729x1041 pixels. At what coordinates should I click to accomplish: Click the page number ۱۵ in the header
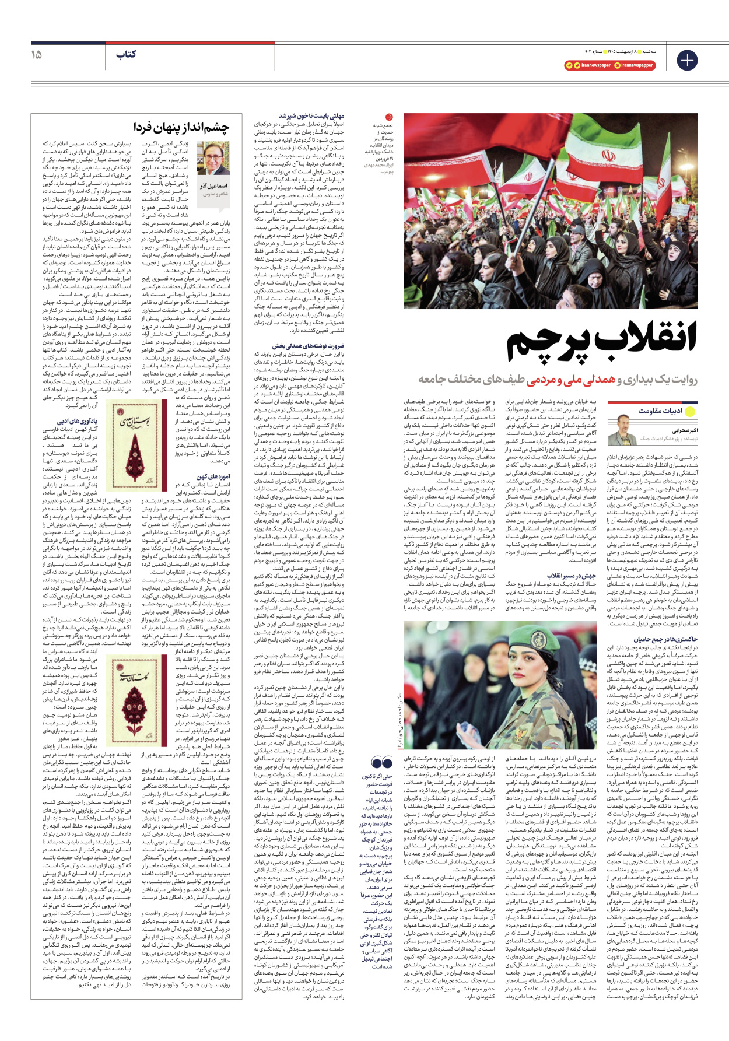coord(37,54)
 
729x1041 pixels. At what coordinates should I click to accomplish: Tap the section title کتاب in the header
coord(125,54)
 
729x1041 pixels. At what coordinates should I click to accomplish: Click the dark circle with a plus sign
coord(687,60)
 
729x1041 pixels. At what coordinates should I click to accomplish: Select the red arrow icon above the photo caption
coord(389,117)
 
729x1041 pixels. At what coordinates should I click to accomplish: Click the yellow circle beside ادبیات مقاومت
coord(691,411)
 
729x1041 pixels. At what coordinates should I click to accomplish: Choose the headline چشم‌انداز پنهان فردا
coord(181,127)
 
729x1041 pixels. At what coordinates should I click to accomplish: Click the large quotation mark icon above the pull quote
coord(382,762)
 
